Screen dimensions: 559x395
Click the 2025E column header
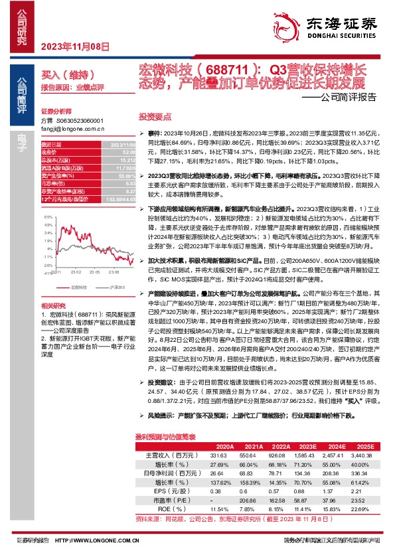[364, 446]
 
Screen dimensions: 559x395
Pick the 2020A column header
[216, 446]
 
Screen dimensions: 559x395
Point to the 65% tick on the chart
[46, 218]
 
